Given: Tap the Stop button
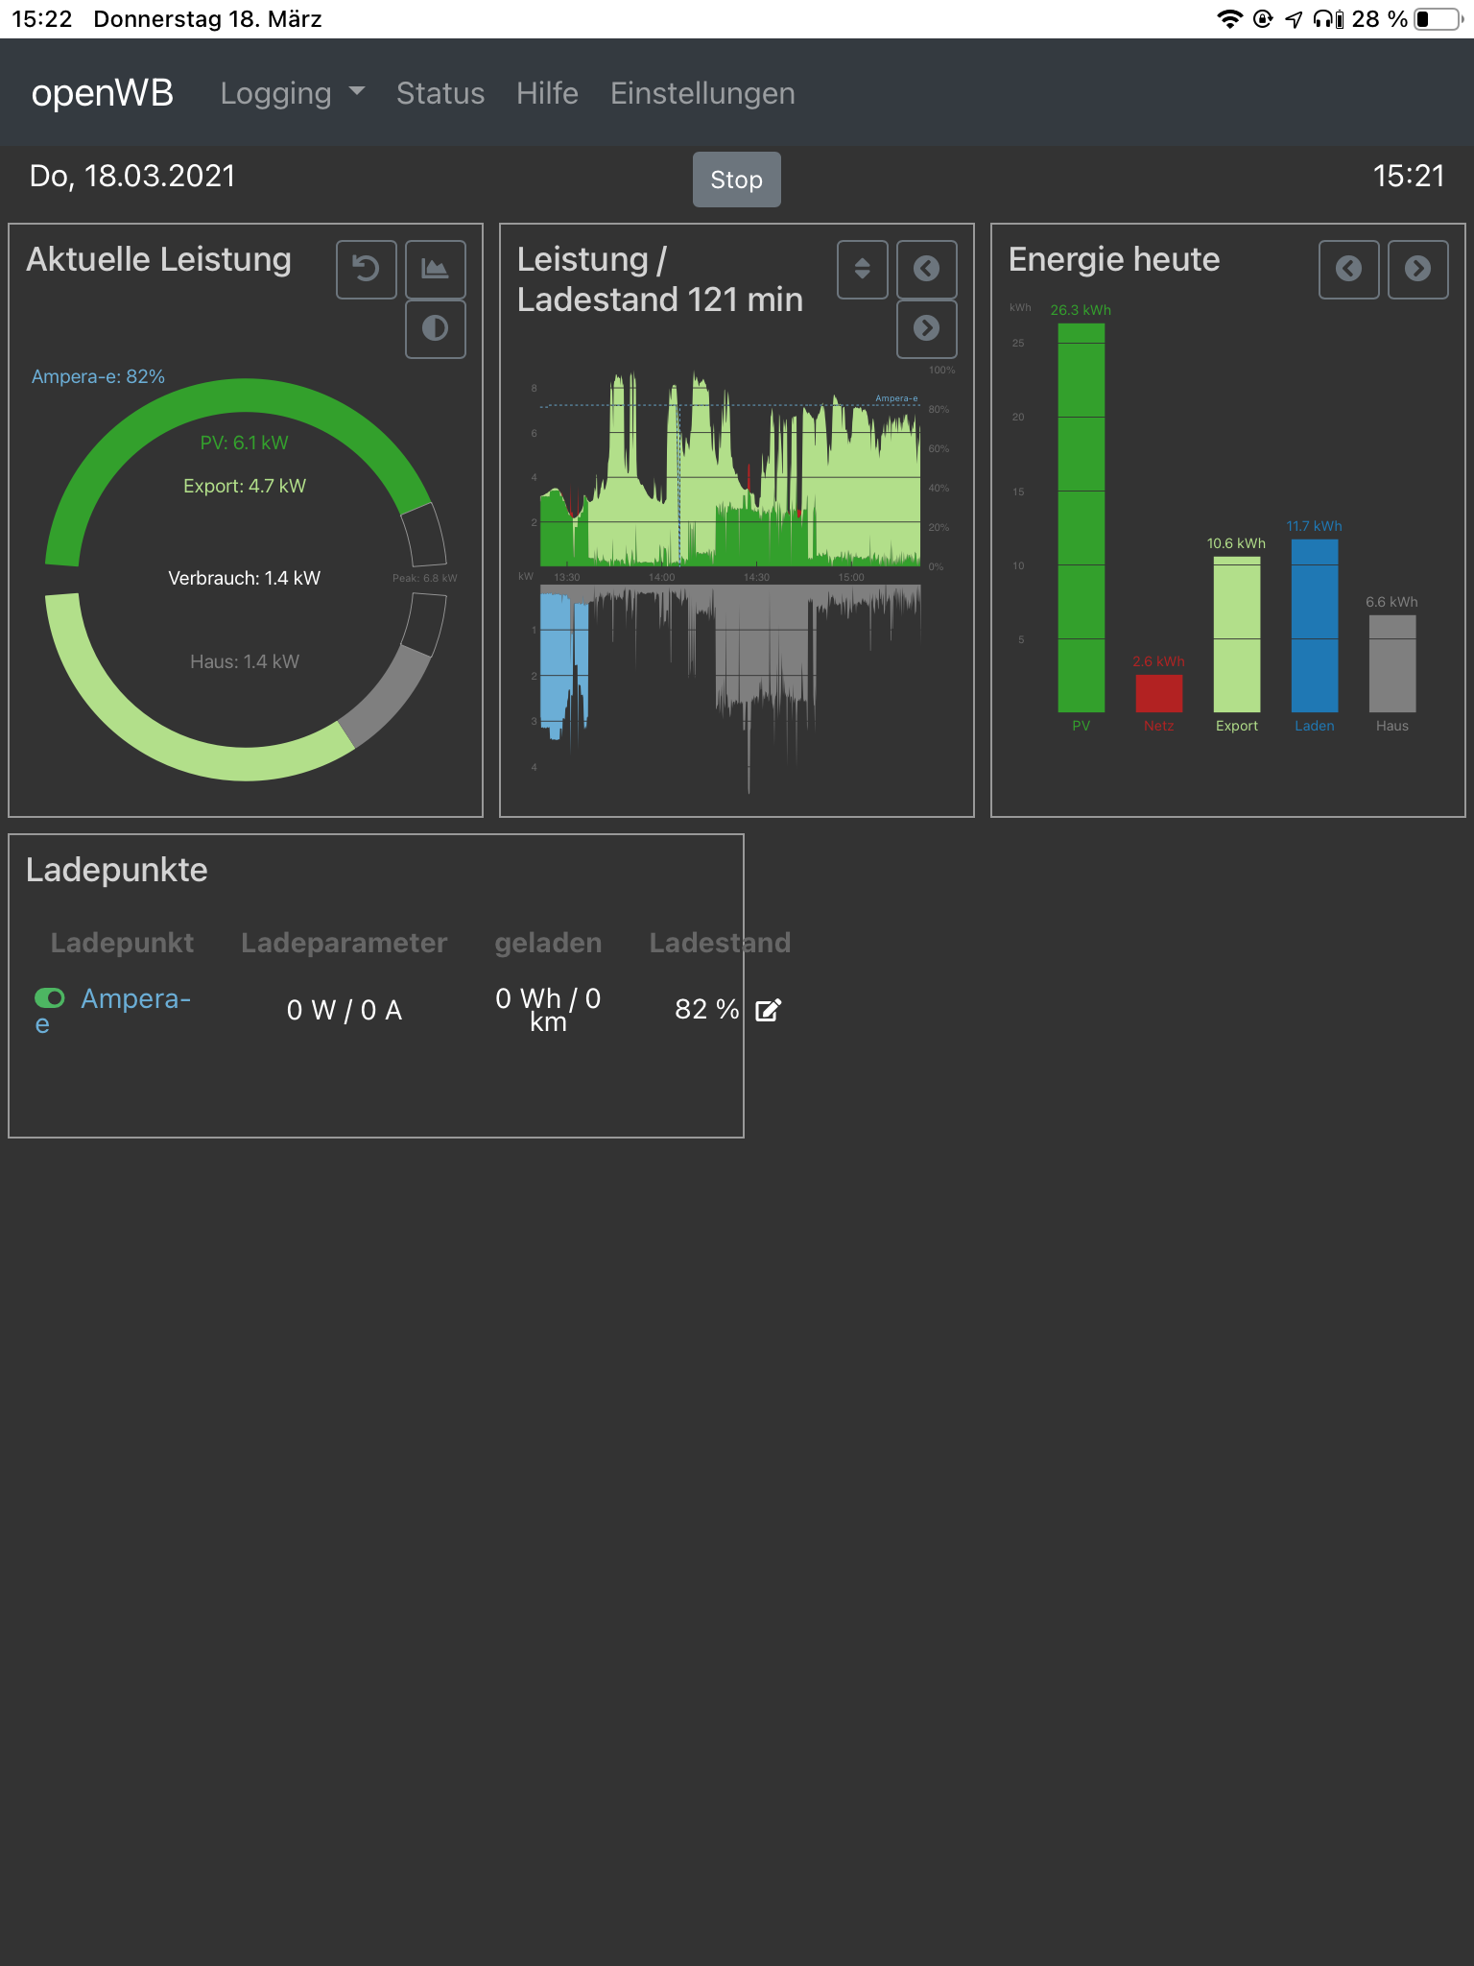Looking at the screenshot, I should point(736,180).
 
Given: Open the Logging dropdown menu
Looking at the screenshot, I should point(292,93).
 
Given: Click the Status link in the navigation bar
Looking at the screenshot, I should point(440,93).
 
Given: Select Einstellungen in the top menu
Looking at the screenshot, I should point(702,93).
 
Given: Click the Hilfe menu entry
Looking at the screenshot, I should point(547,93).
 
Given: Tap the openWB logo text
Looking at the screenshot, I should point(103,93).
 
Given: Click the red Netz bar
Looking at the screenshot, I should point(1158,693).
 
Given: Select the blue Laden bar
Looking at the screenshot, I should point(1314,625).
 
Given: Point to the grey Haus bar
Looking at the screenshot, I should point(1391,663).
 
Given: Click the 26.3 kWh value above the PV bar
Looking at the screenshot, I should point(1081,310).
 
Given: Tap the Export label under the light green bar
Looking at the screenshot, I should point(1236,726).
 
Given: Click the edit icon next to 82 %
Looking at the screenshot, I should point(769,1010).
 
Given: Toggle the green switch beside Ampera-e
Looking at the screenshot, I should point(50,998).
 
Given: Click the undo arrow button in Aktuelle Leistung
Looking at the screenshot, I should point(366,269).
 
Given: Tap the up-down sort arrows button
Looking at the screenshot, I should point(862,269).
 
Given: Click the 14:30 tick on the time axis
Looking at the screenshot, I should point(756,577).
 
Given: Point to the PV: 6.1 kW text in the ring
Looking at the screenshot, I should point(244,443).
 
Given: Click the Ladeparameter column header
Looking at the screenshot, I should point(344,943).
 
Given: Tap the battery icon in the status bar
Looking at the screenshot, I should point(1438,19).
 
